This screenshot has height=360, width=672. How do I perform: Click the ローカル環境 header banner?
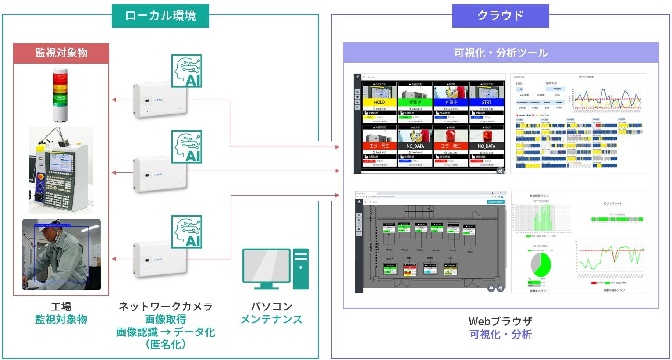pos(160,16)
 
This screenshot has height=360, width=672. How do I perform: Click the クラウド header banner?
pos(500,16)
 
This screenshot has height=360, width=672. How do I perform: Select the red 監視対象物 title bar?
pos(61,53)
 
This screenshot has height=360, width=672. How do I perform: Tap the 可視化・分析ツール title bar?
pos(501,53)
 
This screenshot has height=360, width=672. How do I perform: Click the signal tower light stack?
pos(60,94)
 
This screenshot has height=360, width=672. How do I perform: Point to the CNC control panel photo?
pos(61,170)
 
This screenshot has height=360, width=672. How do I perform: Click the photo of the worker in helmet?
pos(61,254)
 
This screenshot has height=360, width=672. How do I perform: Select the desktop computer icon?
pos(275,268)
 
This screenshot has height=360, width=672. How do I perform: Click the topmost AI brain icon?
pos(187,71)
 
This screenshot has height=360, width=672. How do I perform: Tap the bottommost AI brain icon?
pos(187,232)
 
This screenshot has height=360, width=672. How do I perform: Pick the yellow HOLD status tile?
pos(380,102)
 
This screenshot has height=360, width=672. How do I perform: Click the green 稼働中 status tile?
pos(415,102)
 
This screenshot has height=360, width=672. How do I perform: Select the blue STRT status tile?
pos(487,102)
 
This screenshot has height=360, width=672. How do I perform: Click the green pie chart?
pos(541,264)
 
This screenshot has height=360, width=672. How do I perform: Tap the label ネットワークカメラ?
pos(165,307)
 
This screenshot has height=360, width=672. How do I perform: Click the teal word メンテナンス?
pos(271,320)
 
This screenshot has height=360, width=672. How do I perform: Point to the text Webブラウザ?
pos(501,321)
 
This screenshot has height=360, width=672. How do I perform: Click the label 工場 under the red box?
pos(61,307)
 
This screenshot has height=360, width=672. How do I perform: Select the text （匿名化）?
pos(165,344)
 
